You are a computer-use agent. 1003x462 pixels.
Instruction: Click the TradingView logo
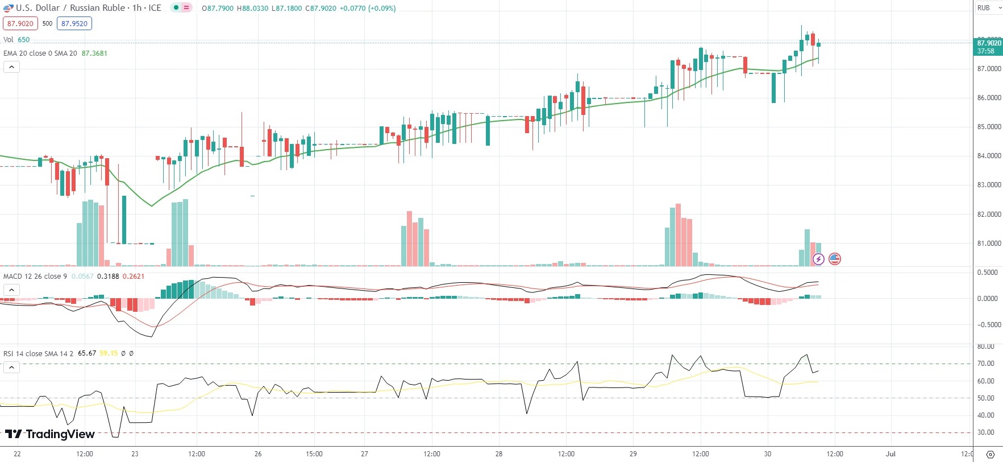click(x=50, y=434)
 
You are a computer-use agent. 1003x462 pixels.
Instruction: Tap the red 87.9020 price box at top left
click(x=20, y=23)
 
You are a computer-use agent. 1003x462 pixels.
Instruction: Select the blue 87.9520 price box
click(x=74, y=23)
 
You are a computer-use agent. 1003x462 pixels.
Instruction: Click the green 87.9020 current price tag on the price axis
click(x=989, y=43)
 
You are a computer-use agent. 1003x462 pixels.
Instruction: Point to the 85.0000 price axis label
click(x=989, y=127)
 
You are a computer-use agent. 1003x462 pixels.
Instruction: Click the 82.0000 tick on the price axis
click(x=989, y=214)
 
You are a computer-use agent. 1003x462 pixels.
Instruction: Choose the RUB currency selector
click(x=988, y=8)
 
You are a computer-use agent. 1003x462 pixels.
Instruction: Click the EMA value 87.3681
click(x=94, y=53)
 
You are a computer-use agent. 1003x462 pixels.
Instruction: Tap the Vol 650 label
click(x=16, y=40)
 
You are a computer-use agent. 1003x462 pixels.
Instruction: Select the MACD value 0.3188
click(x=108, y=277)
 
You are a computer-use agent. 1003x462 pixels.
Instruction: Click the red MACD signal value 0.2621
click(x=134, y=277)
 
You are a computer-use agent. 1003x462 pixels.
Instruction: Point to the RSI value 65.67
click(x=87, y=353)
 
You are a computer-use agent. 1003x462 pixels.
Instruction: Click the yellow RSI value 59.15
click(x=109, y=353)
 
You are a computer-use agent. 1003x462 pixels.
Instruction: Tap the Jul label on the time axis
click(x=890, y=454)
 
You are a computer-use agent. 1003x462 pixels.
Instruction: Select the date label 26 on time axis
click(x=258, y=454)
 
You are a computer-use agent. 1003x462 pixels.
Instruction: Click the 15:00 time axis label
click(x=314, y=454)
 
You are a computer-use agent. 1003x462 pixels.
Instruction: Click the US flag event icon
click(x=835, y=259)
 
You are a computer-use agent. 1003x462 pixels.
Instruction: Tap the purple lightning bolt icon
click(x=818, y=259)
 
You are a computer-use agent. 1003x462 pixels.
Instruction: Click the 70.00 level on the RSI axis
click(x=986, y=364)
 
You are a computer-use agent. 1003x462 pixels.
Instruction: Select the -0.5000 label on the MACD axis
click(x=987, y=325)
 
